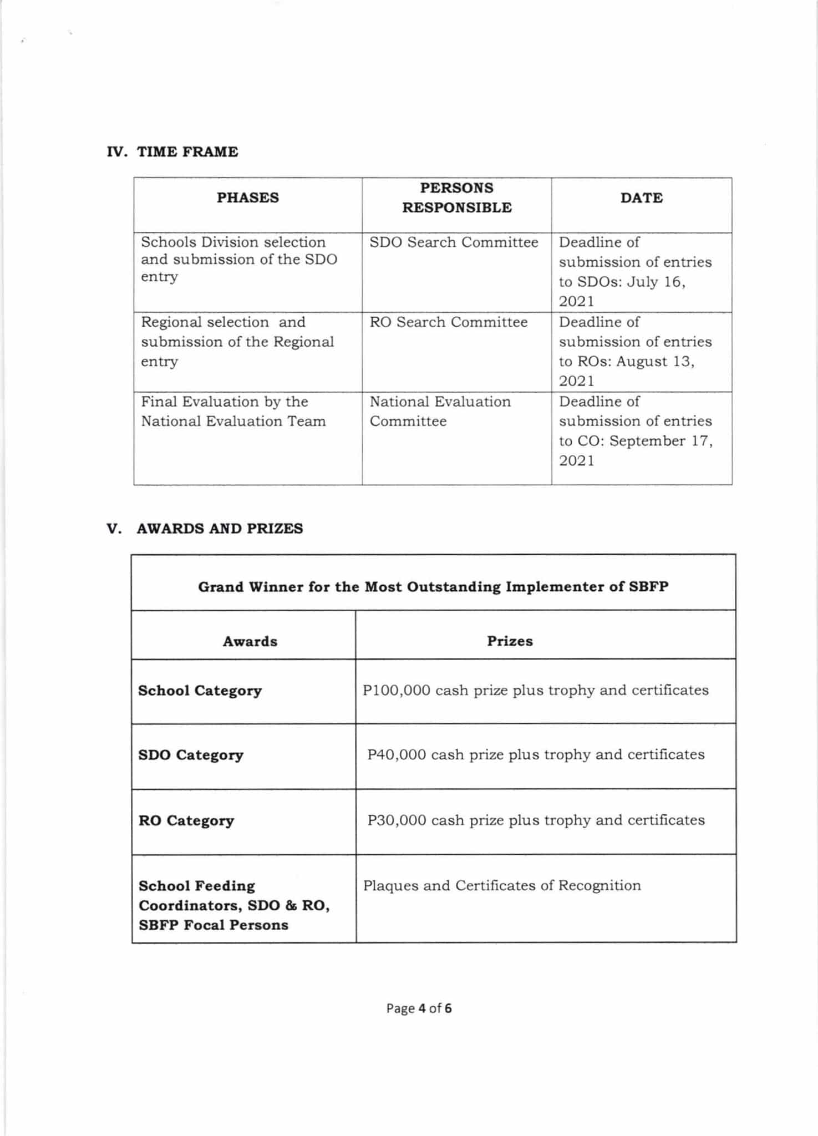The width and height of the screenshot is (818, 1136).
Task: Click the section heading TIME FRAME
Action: pyautogui.click(x=187, y=152)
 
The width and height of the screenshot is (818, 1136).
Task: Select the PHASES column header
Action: pyautogui.click(x=247, y=198)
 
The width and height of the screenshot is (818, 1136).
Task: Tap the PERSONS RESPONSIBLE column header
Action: pyautogui.click(x=456, y=197)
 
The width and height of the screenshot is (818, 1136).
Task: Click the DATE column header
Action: pyautogui.click(x=641, y=198)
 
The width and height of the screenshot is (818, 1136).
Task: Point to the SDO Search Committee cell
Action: pyautogui.click(x=454, y=242)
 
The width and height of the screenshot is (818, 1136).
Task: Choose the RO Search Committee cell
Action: pyautogui.click(x=448, y=322)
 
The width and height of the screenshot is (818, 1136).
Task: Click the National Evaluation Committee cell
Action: pyautogui.click(x=440, y=411)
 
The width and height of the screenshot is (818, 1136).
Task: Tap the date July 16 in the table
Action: pyautogui.click(x=656, y=282)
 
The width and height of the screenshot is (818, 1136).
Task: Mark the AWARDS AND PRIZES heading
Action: pyautogui.click(x=220, y=529)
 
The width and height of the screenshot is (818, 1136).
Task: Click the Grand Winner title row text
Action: pyautogui.click(x=433, y=587)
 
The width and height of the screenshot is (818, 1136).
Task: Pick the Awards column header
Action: pyautogui.click(x=250, y=641)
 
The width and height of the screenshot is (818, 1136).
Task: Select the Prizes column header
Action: pyautogui.click(x=510, y=641)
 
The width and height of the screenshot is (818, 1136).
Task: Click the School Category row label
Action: pyautogui.click(x=200, y=691)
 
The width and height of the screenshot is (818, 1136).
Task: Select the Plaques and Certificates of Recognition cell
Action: pyautogui.click(x=502, y=885)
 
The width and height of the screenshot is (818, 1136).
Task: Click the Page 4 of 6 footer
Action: pyautogui.click(x=419, y=1008)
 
